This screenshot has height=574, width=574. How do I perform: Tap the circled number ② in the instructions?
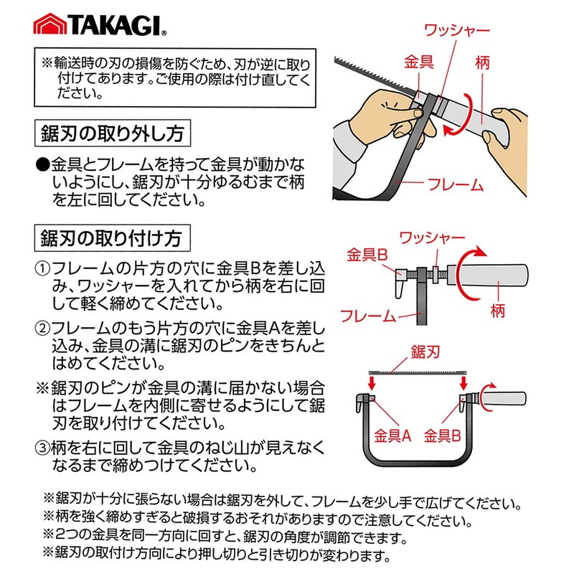(x=43, y=328)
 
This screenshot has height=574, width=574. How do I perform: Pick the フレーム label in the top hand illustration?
(x=456, y=184)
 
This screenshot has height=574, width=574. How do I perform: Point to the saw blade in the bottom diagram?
(x=416, y=372)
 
